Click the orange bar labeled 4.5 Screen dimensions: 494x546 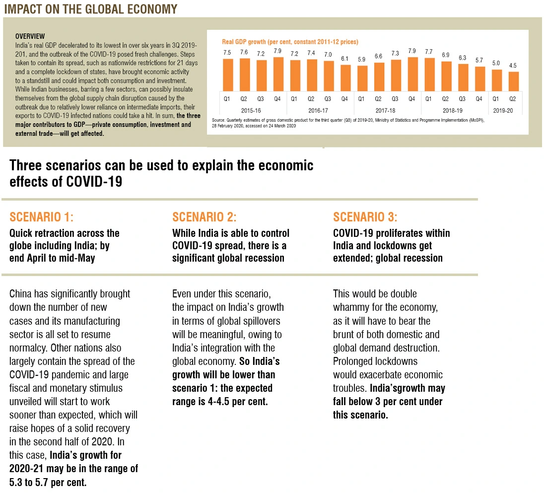[x=513, y=80]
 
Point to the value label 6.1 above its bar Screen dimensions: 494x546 [x=345, y=59]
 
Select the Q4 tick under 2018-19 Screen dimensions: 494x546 [x=479, y=99]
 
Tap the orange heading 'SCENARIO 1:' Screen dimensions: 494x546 [x=41, y=217]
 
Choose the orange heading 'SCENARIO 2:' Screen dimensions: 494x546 [x=204, y=217]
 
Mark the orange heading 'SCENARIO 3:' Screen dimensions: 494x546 [x=365, y=217]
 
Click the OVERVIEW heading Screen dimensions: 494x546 [x=30, y=36]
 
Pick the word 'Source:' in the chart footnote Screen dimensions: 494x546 [x=219, y=121]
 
